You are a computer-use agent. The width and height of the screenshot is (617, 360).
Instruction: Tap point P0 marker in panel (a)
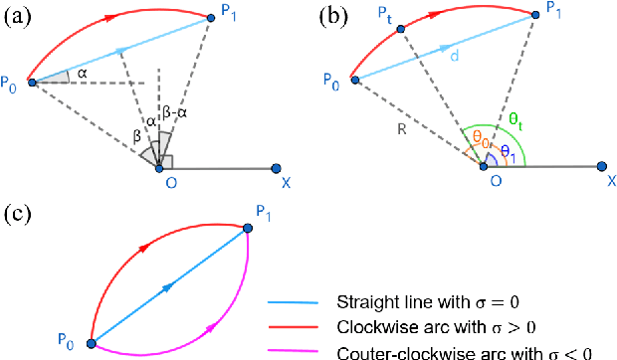click(x=32, y=82)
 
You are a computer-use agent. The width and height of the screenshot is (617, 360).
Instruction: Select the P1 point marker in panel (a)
click(x=212, y=16)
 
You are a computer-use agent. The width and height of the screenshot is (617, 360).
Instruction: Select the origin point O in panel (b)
click(x=484, y=167)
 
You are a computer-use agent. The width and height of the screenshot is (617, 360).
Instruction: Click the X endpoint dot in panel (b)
click(x=601, y=167)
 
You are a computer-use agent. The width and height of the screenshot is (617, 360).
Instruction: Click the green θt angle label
click(x=514, y=118)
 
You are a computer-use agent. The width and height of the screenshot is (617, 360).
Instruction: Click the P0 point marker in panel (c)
click(x=92, y=343)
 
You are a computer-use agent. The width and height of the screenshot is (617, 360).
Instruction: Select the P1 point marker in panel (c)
click(x=248, y=229)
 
